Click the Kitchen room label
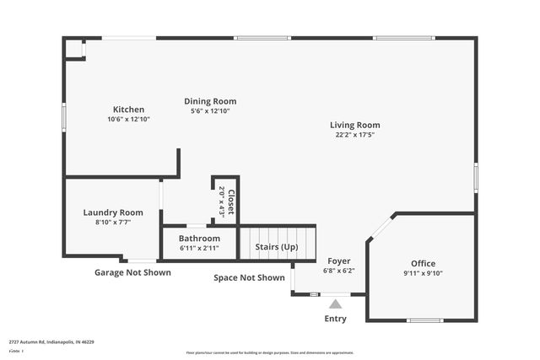(128, 110)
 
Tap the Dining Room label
(210, 101)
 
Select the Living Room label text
(354, 125)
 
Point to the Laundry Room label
(113, 212)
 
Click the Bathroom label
(199, 239)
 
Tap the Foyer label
(338, 261)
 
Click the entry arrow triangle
(335, 304)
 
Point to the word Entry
(335, 319)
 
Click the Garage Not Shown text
(135, 272)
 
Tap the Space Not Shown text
(249, 277)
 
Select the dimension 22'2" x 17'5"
(354, 135)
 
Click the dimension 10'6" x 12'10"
(128, 120)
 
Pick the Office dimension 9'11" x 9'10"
(422, 273)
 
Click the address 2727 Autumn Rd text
(51, 342)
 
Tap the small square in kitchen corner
(74, 49)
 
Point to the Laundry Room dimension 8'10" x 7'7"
(113, 223)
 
